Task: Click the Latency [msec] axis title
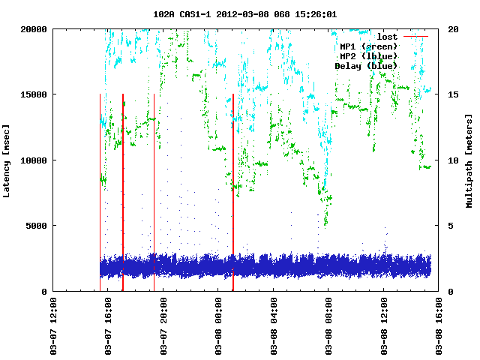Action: click(x=7, y=160)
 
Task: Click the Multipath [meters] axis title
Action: click(x=470, y=160)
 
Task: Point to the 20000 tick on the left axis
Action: click(x=34, y=29)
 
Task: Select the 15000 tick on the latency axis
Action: click(x=34, y=94)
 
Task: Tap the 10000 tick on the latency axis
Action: click(x=34, y=160)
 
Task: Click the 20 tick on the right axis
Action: click(x=452, y=29)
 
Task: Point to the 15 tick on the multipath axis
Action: click(x=452, y=94)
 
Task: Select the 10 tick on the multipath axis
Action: click(x=452, y=160)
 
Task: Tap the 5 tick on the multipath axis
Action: click(x=450, y=226)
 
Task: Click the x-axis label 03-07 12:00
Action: click(x=53, y=327)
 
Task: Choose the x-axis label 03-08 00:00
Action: click(x=219, y=327)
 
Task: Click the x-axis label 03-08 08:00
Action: click(x=329, y=327)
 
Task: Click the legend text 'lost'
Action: click(x=387, y=37)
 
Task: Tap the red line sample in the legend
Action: click(x=415, y=37)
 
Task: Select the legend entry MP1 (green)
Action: click(x=368, y=46)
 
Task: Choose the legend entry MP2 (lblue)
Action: click(x=368, y=56)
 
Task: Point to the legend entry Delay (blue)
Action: click(x=366, y=66)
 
